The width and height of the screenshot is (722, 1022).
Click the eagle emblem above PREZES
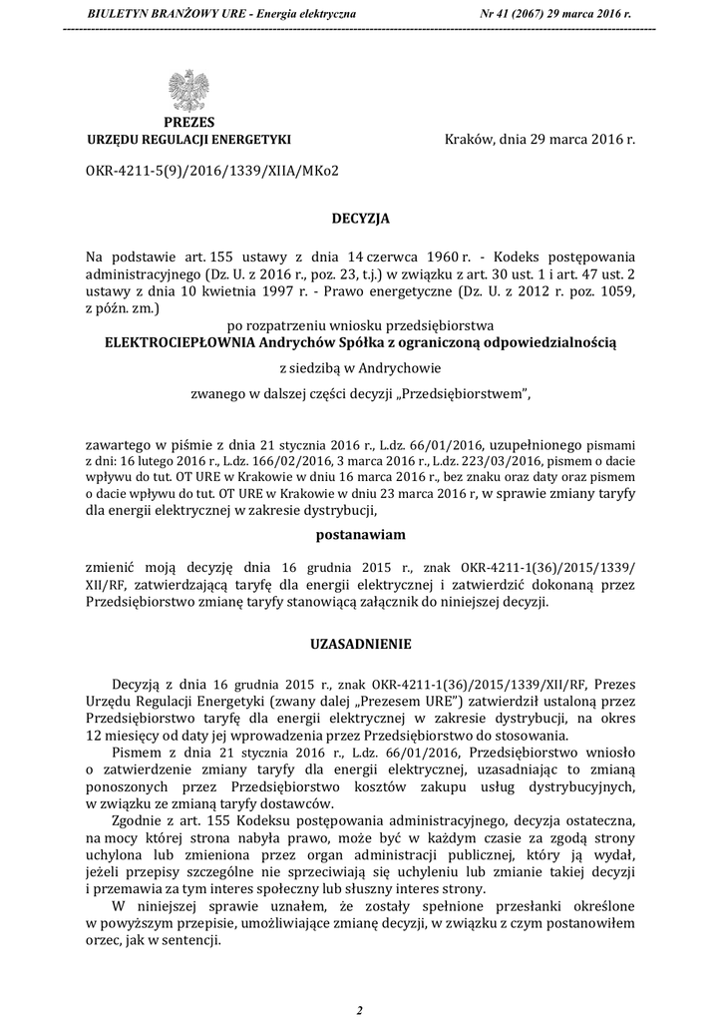[188, 91]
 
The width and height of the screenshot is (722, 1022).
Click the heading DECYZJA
[360, 217]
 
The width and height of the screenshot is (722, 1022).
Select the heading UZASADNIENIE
[360, 645]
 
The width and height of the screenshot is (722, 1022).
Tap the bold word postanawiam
[360, 535]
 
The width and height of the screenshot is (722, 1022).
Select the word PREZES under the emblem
[189, 123]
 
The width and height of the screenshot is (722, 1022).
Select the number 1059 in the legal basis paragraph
[615, 290]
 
